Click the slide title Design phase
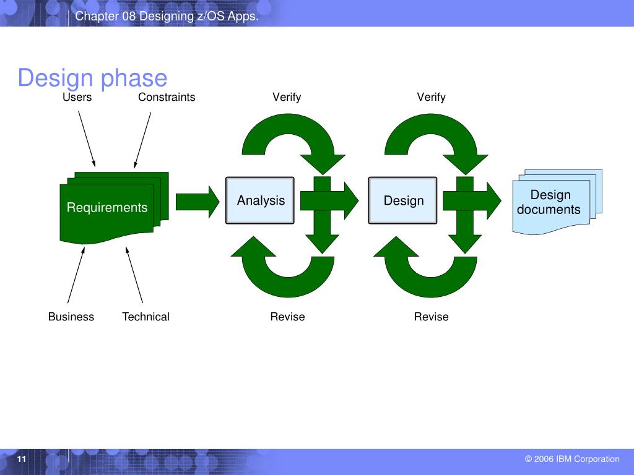(x=92, y=79)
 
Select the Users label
(x=77, y=97)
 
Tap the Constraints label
(x=167, y=97)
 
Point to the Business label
(x=71, y=317)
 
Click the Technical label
(x=145, y=317)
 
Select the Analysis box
(x=261, y=200)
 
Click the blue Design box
(x=403, y=200)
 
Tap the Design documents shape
(x=550, y=203)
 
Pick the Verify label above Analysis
(x=287, y=97)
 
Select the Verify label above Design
(x=431, y=97)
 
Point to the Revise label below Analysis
(x=287, y=317)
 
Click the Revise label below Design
(x=431, y=317)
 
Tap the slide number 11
(x=22, y=459)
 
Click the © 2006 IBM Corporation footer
(x=572, y=459)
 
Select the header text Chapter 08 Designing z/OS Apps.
(x=167, y=17)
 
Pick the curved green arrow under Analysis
(x=282, y=272)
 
